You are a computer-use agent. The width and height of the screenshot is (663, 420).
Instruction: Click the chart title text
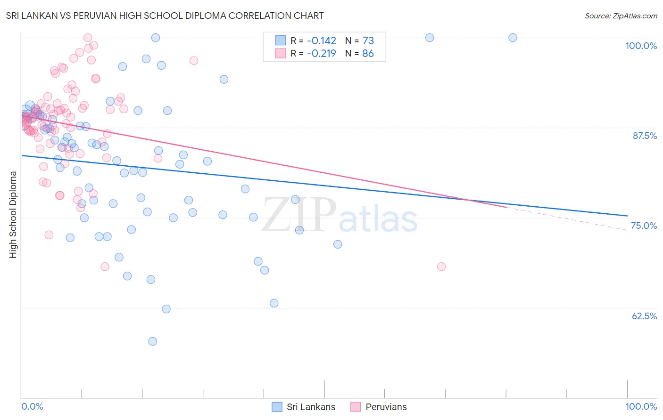[165, 16]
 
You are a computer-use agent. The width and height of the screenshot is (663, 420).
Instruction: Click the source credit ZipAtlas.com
[621, 16]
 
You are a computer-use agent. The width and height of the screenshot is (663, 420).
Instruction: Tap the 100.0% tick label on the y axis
[641, 46]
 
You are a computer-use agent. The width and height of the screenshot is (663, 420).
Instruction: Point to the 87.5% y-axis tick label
[644, 136]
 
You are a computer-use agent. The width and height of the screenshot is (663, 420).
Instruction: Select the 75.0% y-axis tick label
[644, 226]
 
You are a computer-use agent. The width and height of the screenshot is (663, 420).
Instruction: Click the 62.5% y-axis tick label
[644, 316]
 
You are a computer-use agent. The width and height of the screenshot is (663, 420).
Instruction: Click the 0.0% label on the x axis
[32, 406]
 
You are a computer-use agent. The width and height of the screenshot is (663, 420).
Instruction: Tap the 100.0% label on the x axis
[641, 406]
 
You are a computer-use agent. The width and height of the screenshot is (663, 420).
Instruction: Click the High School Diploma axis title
[13, 214]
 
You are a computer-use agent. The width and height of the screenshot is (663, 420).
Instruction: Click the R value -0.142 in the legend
[321, 41]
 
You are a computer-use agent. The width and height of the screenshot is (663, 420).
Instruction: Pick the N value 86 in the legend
[368, 54]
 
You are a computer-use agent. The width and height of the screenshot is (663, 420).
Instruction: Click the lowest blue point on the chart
[152, 341]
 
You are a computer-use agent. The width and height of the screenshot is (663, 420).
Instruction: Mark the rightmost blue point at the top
[513, 38]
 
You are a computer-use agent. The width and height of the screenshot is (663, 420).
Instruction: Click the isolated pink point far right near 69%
[441, 267]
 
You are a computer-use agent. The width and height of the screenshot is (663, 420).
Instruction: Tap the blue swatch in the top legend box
[281, 41]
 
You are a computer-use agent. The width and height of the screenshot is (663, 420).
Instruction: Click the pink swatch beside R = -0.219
[281, 54]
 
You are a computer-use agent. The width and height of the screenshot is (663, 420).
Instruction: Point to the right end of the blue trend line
[627, 216]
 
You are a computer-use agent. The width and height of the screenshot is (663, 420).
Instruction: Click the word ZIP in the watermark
[298, 215]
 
